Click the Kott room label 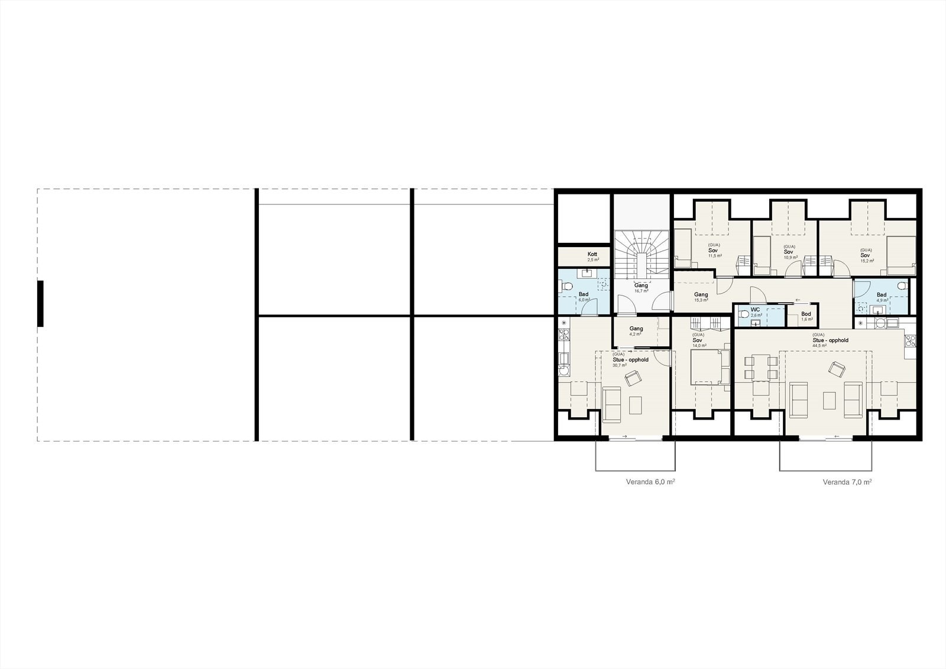click(592, 255)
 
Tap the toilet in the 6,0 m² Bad click(568, 287)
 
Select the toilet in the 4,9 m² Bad click(901, 286)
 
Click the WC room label click(755, 310)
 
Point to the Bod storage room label click(806, 314)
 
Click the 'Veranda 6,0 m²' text click(650, 482)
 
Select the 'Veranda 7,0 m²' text click(847, 482)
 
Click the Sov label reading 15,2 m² click(866, 255)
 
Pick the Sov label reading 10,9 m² click(789, 252)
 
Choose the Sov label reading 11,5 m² click(714, 250)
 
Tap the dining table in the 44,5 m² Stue click(760, 367)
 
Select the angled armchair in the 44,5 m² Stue click(837, 369)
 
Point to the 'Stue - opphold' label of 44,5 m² click(830, 340)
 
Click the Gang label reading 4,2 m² click(636, 329)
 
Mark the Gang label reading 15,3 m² click(701, 295)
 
